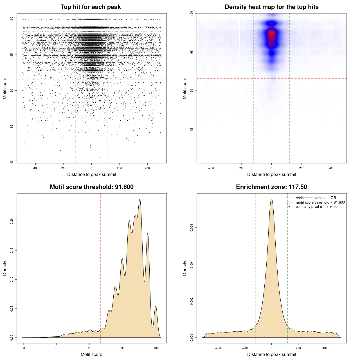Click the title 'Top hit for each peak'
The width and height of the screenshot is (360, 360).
[x=91, y=7]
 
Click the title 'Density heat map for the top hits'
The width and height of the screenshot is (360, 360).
[x=271, y=7]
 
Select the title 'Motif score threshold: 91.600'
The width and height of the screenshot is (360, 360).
[x=91, y=187]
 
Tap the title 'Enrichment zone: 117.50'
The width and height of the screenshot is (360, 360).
[x=271, y=187]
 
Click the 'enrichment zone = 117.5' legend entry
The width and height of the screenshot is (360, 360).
[x=316, y=198]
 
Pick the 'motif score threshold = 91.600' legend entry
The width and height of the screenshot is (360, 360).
[x=320, y=202]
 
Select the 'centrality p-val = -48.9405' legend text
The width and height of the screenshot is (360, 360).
[x=316, y=207]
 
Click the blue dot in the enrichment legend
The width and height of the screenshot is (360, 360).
[x=289, y=207]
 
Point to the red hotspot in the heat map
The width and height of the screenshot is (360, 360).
[x=271, y=33]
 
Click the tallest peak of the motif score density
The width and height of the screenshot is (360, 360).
[x=140, y=199]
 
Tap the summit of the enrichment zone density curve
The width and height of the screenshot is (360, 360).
[x=271, y=199]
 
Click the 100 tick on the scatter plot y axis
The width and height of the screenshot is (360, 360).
[x=12, y=19]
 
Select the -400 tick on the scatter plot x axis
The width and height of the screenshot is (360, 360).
[x=35, y=168]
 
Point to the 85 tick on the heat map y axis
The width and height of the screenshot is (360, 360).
[x=192, y=129]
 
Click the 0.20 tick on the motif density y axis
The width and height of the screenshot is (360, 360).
[x=12, y=221]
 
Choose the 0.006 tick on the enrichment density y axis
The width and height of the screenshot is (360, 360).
[x=192, y=228]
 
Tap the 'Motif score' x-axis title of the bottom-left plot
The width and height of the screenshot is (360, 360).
[x=91, y=354]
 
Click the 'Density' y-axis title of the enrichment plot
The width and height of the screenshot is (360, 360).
[x=185, y=268]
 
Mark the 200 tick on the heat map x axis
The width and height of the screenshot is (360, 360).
[x=301, y=168]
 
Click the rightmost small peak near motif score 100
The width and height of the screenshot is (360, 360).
[x=156, y=306]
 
